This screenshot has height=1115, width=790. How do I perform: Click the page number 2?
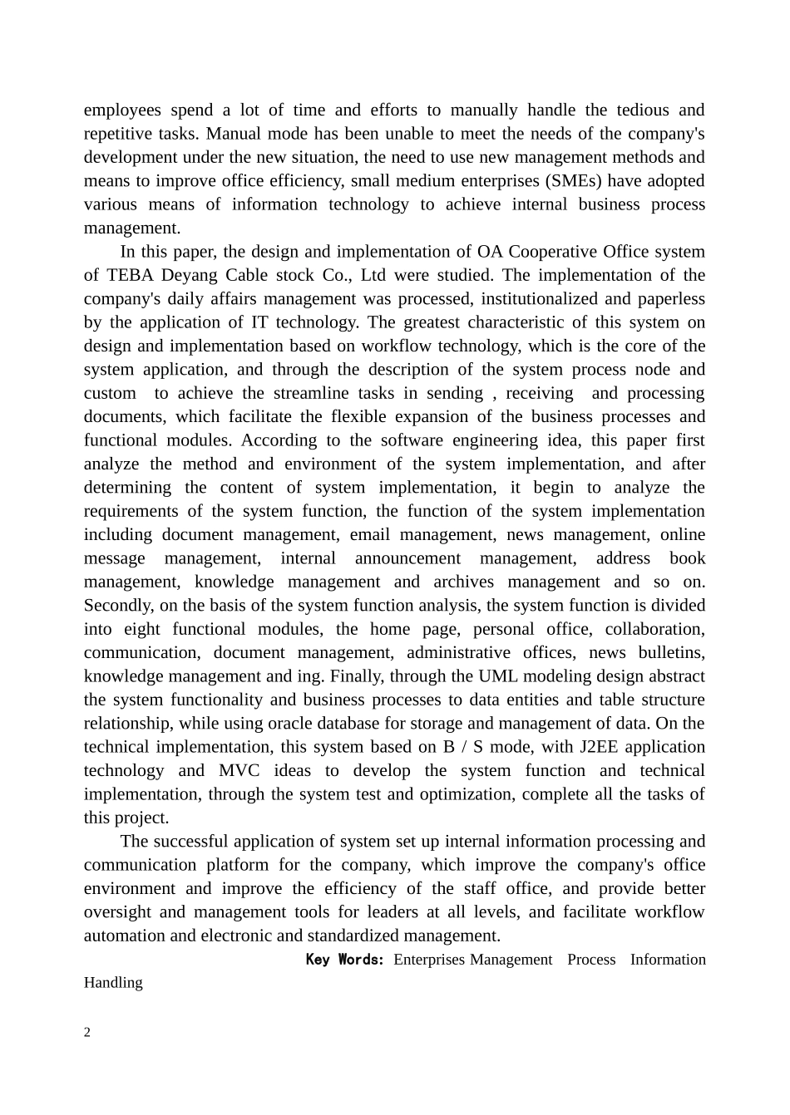tap(87, 1033)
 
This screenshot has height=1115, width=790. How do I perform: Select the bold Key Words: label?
tap(345, 960)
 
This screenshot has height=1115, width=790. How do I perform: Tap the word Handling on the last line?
tap(113, 983)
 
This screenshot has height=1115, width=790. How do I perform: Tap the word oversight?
tap(115, 912)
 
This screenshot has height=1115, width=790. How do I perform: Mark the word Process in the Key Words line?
tap(591, 960)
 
